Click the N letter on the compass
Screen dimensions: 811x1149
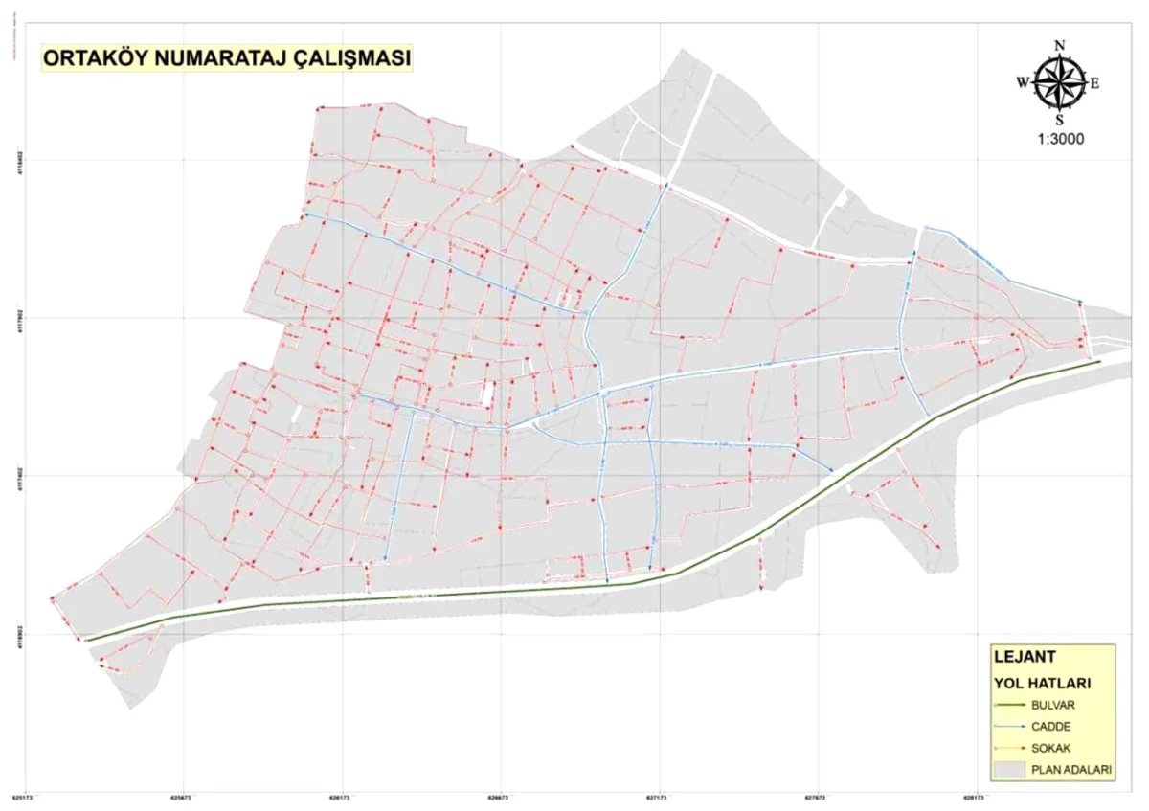coord(1059,45)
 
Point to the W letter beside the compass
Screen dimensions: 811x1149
coord(1023,82)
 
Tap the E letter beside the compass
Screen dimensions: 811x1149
coord(1094,82)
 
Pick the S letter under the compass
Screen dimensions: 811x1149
coord(1059,120)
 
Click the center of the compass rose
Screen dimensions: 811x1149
coord(1059,82)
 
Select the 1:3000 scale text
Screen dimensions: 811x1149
coord(1059,138)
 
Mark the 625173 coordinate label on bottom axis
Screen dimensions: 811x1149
coord(23,795)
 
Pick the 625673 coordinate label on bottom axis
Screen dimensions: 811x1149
coord(181,795)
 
